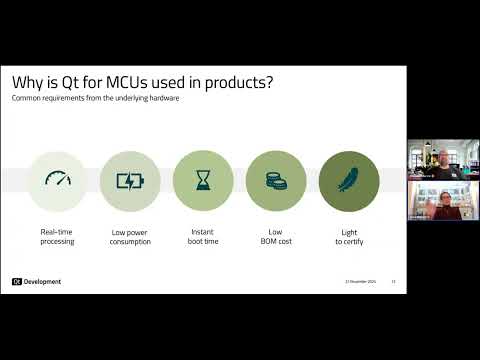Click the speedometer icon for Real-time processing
pyautogui.click(x=56, y=181)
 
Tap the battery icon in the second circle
pyautogui.click(x=129, y=181)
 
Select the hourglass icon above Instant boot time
pyautogui.click(x=203, y=181)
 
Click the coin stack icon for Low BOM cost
pyautogui.click(x=275, y=181)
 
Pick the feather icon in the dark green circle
pyautogui.click(x=348, y=181)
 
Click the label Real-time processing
pyautogui.click(x=56, y=236)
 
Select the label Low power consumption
pyautogui.click(x=129, y=236)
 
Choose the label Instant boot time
pyautogui.click(x=203, y=236)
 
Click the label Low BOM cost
pyautogui.click(x=275, y=236)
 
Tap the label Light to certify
pyautogui.click(x=348, y=236)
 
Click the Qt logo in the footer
pyautogui.click(x=17, y=281)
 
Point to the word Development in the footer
pyautogui.click(x=43, y=281)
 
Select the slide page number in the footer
pyautogui.click(x=394, y=282)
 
